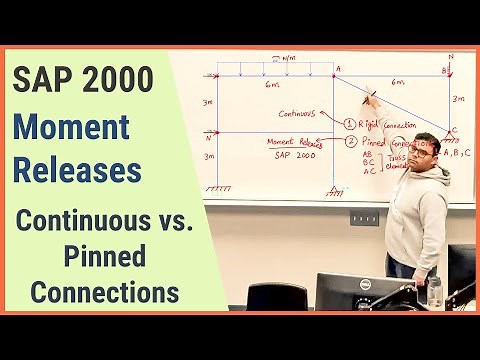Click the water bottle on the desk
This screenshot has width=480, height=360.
click(x=434, y=291)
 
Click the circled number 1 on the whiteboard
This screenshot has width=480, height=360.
click(x=349, y=124)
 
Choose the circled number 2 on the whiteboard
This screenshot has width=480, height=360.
click(x=350, y=142)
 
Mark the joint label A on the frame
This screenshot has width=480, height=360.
click(x=339, y=68)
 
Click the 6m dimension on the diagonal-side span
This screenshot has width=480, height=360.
click(x=397, y=82)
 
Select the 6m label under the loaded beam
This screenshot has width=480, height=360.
click(x=272, y=85)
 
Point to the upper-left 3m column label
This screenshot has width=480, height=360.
click(x=206, y=102)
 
